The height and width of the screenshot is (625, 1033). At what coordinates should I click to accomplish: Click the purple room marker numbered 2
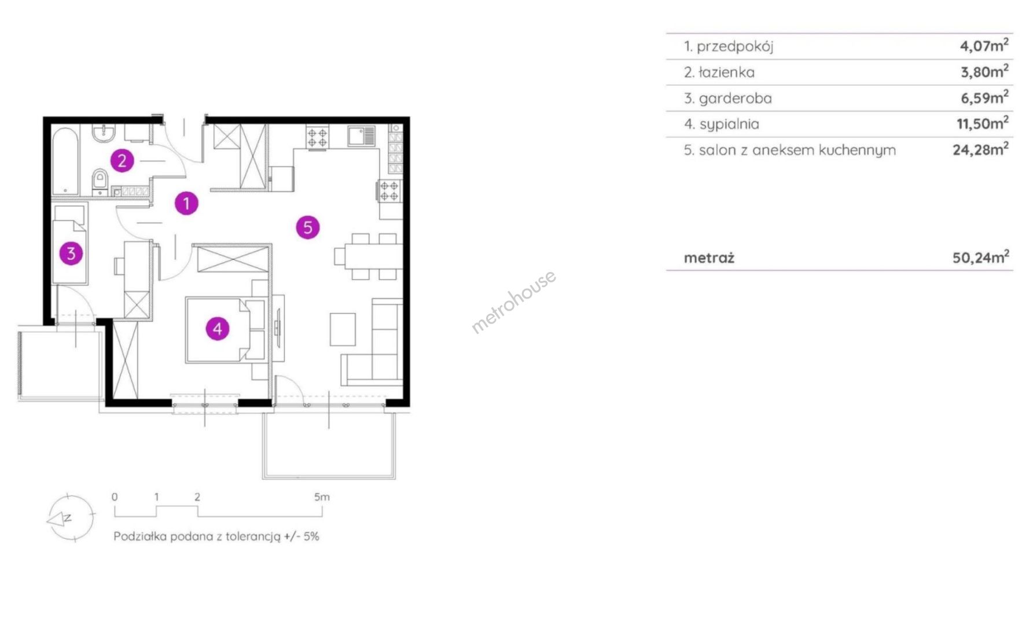[122, 160]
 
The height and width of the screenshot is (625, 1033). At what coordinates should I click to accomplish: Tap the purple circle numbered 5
[308, 227]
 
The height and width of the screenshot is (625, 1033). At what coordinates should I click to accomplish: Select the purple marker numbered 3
[71, 253]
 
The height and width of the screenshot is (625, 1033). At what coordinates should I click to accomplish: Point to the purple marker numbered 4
[218, 329]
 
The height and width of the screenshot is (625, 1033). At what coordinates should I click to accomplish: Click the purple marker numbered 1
[186, 203]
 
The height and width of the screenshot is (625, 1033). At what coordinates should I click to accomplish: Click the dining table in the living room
[373, 256]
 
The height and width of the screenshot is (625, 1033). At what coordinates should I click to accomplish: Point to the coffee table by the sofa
[343, 329]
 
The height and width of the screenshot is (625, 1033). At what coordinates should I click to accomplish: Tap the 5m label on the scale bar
[322, 497]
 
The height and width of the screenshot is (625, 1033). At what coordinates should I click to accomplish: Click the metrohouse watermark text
[513, 302]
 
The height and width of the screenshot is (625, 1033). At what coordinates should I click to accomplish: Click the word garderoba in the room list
[735, 98]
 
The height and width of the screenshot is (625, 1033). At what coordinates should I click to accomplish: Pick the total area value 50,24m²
[981, 256]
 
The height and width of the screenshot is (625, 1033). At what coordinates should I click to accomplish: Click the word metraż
[709, 258]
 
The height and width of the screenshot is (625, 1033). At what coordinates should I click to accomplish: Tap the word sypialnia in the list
[729, 124]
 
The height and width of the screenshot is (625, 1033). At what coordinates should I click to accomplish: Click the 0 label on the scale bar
[115, 497]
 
